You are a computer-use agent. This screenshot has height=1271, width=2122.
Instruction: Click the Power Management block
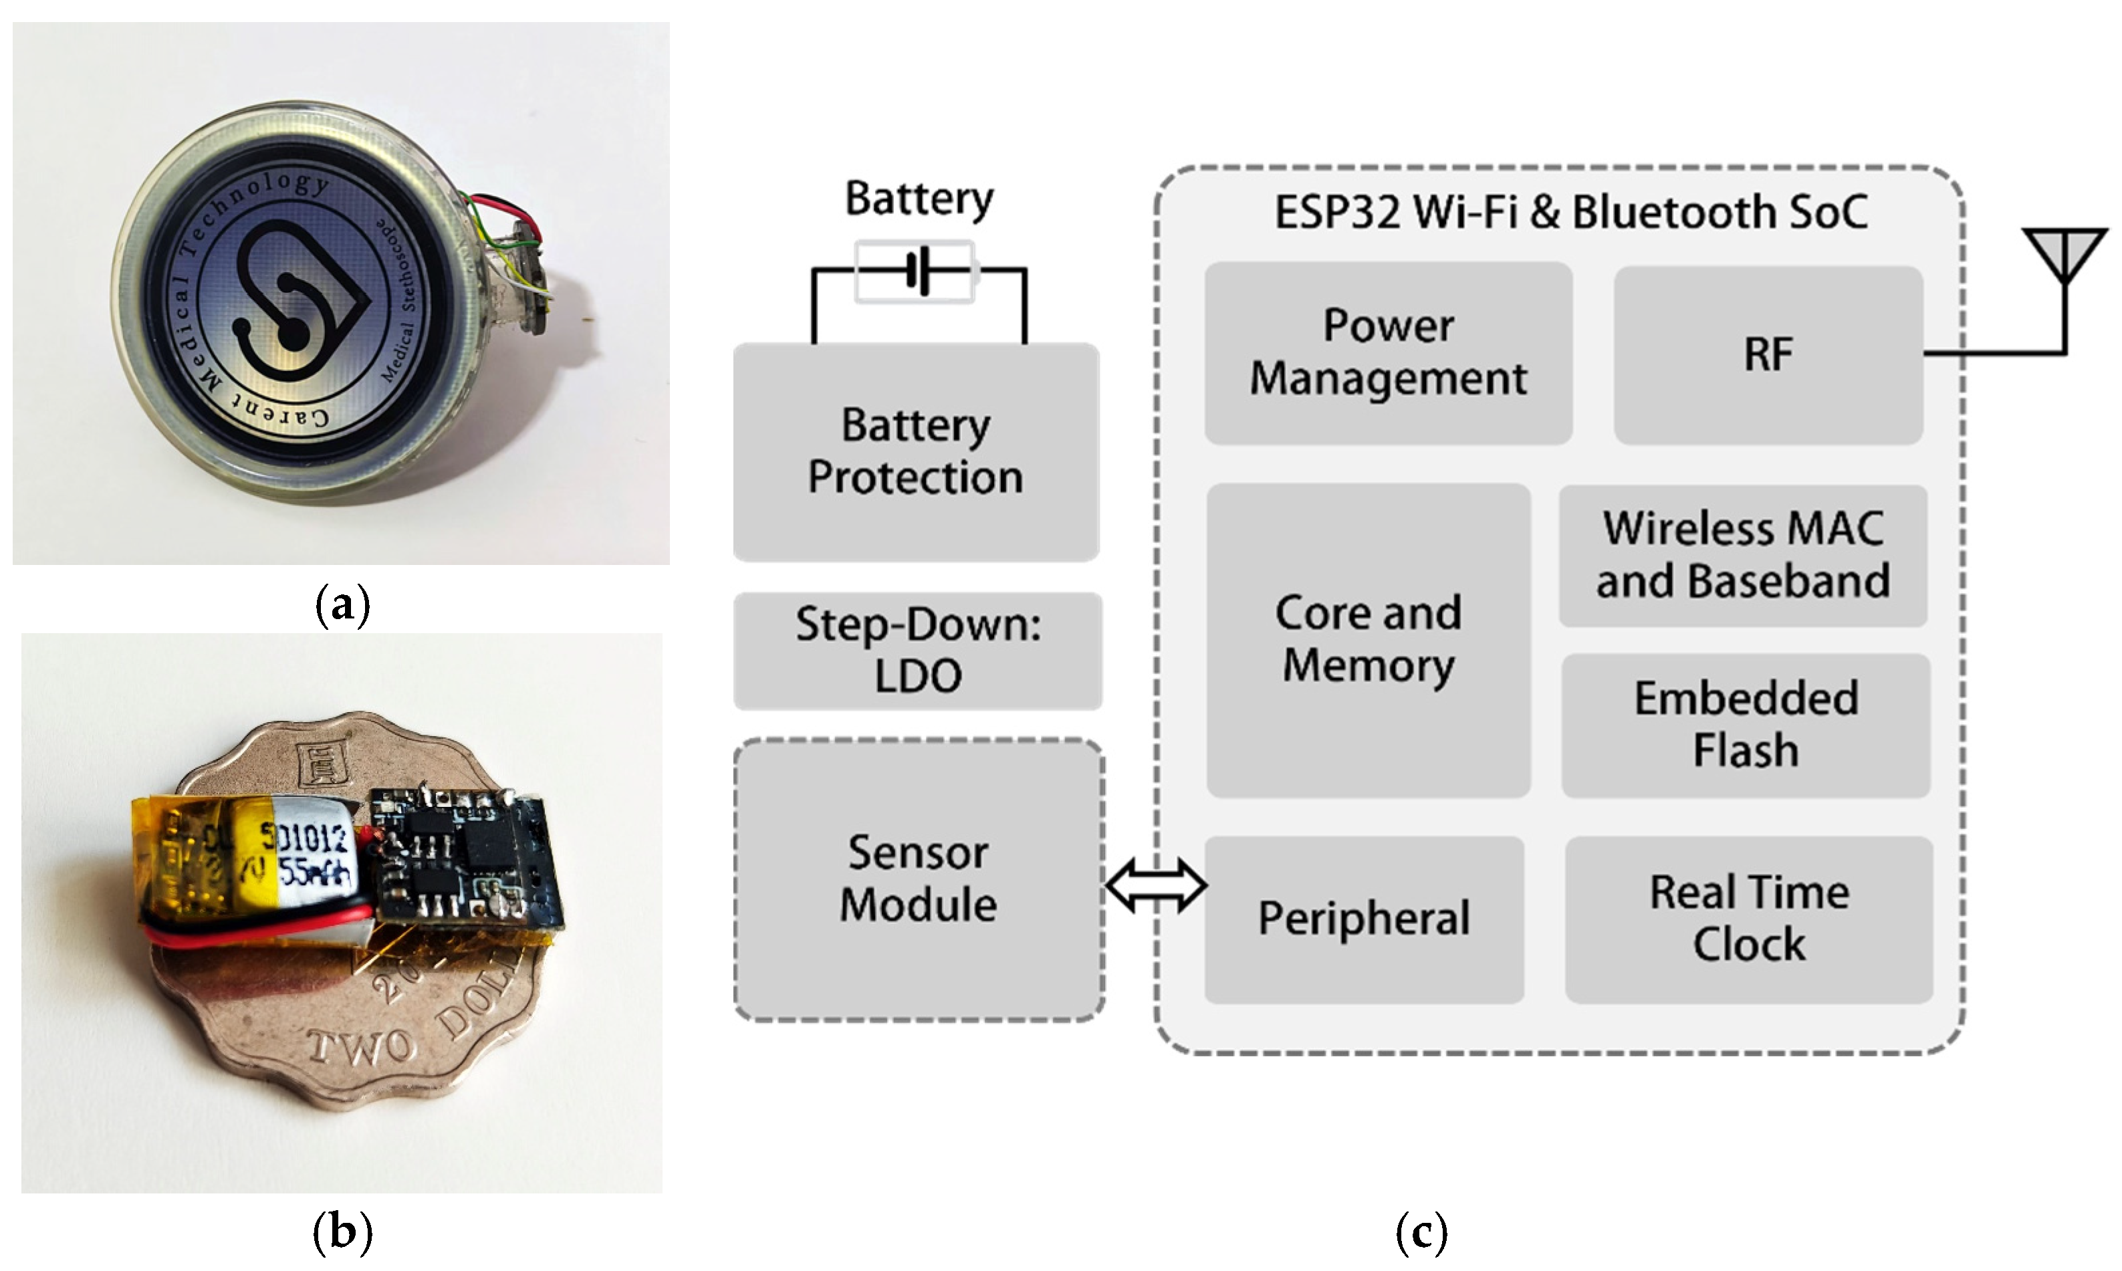(x=1387, y=353)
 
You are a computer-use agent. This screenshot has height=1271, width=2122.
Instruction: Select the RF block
(x=1768, y=354)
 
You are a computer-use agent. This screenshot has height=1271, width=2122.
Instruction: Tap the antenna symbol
(x=2064, y=255)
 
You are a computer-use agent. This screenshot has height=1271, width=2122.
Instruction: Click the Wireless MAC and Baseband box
(x=1743, y=555)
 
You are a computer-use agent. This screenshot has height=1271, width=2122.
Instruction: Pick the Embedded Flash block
(x=1745, y=725)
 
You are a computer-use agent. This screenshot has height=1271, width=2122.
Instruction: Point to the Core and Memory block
(x=1368, y=640)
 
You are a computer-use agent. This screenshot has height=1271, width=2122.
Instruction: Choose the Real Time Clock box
(x=1749, y=919)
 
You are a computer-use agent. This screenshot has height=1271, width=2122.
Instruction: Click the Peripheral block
(x=1363, y=919)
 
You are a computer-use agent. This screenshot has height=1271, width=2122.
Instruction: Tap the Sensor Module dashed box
(x=918, y=880)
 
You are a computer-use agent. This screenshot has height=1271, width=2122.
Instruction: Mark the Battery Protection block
(x=915, y=451)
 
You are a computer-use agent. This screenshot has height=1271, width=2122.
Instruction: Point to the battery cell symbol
(x=915, y=271)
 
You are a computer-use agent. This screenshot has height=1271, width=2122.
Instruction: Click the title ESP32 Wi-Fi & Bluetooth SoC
(x=1570, y=211)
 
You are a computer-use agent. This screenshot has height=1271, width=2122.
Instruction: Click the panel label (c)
(x=1421, y=1232)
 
